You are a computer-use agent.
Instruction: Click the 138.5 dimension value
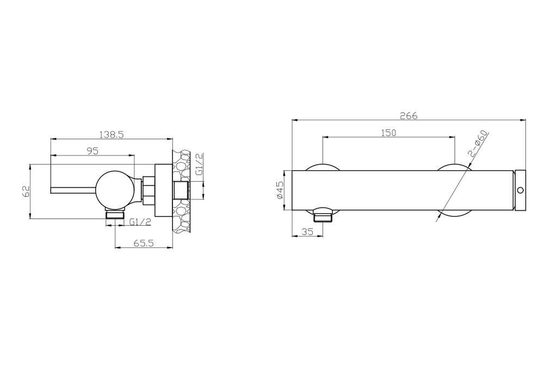point(112,134)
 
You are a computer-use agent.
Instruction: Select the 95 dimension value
point(92,151)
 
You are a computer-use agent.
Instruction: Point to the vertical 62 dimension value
point(25,191)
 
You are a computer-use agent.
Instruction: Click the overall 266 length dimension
point(409,115)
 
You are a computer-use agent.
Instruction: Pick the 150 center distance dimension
point(388,132)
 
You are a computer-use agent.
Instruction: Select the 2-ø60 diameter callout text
point(479,144)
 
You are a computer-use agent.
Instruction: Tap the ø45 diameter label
point(280,190)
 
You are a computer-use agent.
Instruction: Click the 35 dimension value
point(307,232)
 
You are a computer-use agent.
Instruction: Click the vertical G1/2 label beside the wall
point(199,164)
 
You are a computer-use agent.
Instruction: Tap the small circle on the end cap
point(521,190)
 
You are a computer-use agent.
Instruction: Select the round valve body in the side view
point(114,189)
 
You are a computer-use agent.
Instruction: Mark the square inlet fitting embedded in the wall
point(180,191)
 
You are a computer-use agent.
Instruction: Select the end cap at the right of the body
point(520,190)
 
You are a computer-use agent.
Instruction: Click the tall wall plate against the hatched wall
point(162,191)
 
